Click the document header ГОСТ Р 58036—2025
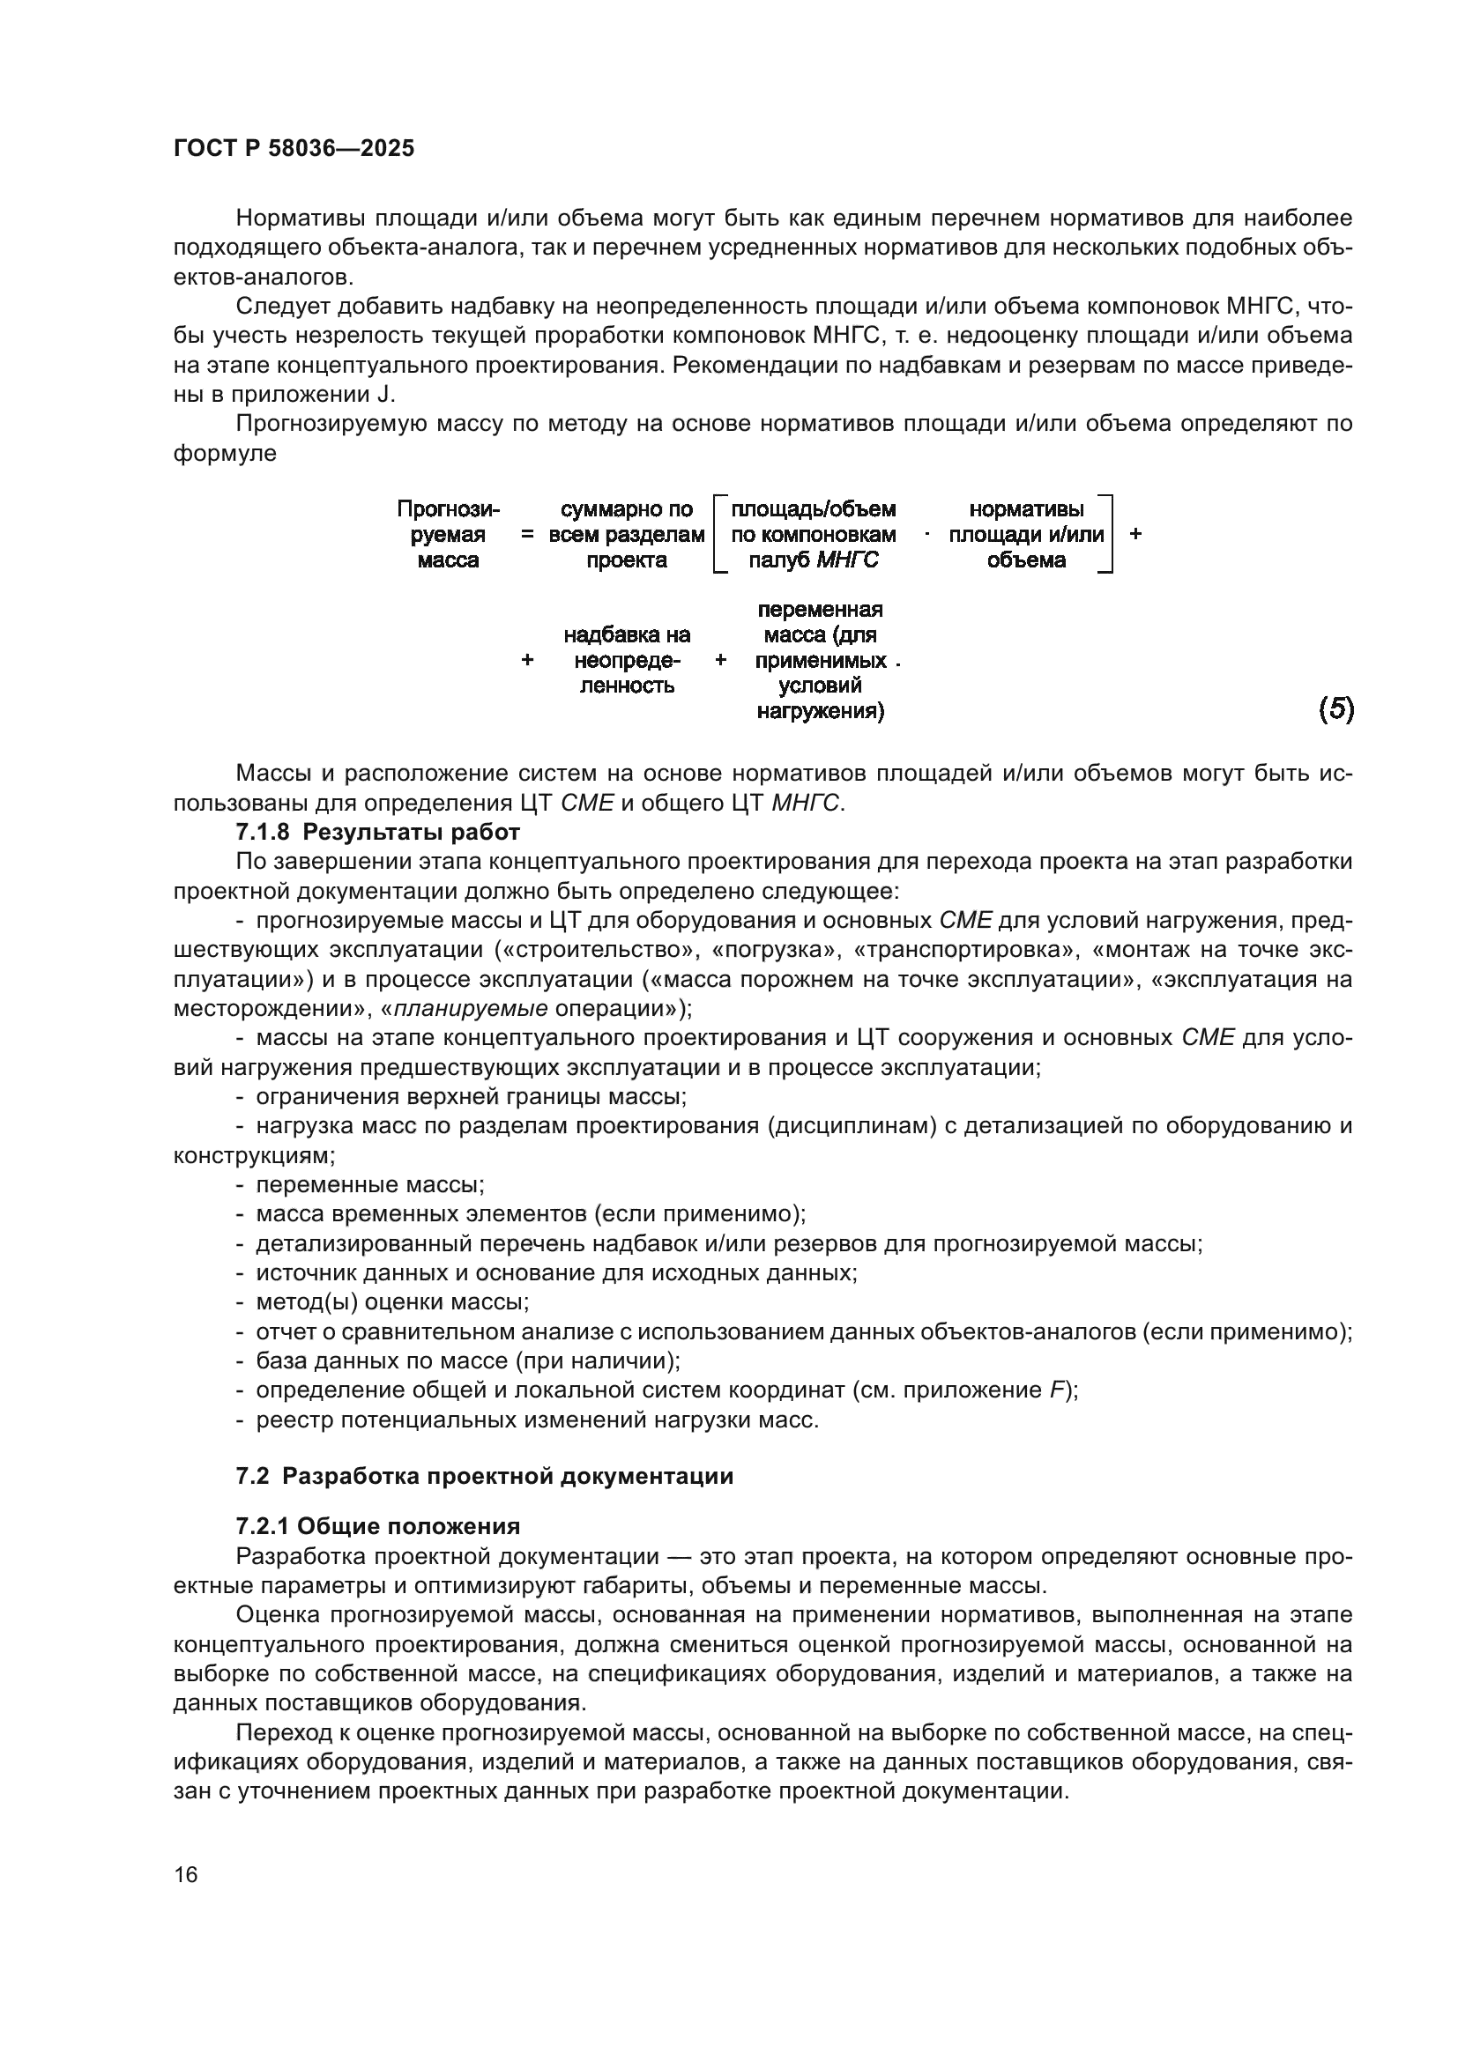point(294,148)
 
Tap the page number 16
point(186,1874)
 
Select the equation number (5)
point(1335,710)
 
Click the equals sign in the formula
point(527,535)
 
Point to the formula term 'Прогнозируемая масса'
point(448,535)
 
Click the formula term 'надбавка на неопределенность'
point(627,661)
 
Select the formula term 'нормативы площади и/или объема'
point(1026,535)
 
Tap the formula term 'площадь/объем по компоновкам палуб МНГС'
point(814,535)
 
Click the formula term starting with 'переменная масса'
point(820,661)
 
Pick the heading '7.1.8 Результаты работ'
point(378,832)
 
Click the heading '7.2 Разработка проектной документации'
point(485,1477)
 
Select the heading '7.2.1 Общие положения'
point(378,1527)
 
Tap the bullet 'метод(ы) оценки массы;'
point(392,1302)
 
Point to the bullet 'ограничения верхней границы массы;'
point(472,1097)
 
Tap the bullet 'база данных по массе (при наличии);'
point(468,1360)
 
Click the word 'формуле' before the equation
point(226,453)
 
